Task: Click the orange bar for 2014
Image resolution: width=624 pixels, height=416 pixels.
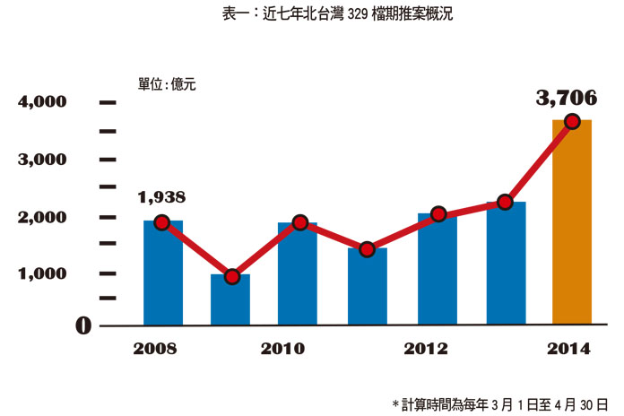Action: pyautogui.click(x=571, y=224)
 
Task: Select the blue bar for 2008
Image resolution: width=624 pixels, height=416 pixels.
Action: pyautogui.click(x=163, y=273)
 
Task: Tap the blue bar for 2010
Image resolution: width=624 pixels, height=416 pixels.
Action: pyautogui.click(x=298, y=273)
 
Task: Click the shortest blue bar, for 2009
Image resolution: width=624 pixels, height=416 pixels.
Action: pyautogui.click(x=230, y=299)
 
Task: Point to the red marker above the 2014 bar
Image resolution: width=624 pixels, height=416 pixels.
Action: pyautogui.click(x=571, y=122)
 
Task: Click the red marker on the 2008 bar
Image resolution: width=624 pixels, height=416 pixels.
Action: pyautogui.click(x=162, y=222)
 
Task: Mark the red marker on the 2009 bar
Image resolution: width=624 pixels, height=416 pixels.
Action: pyautogui.click(x=231, y=276)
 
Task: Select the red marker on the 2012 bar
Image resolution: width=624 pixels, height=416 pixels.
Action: pyautogui.click(x=438, y=214)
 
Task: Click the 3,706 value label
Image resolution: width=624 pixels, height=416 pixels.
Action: pyautogui.click(x=566, y=98)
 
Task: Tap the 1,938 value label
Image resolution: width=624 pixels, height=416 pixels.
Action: pyautogui.click(x=162, y=197)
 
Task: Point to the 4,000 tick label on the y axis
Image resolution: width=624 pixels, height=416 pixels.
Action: pyautogui.click(x=43, y=102)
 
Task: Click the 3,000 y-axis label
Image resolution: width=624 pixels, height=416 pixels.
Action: pyautogui.click(x=43, y=160)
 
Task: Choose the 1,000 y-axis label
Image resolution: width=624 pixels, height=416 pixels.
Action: pyautogui.click(x=43, y=274)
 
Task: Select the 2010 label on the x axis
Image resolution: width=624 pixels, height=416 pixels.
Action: pyautogui.click(x=282, y=349)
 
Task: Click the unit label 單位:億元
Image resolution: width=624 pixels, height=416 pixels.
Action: pyautogui.click(x=167, y=84)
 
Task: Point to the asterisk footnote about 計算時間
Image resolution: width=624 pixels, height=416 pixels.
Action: pyautogui.click(x=499, y=403)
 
